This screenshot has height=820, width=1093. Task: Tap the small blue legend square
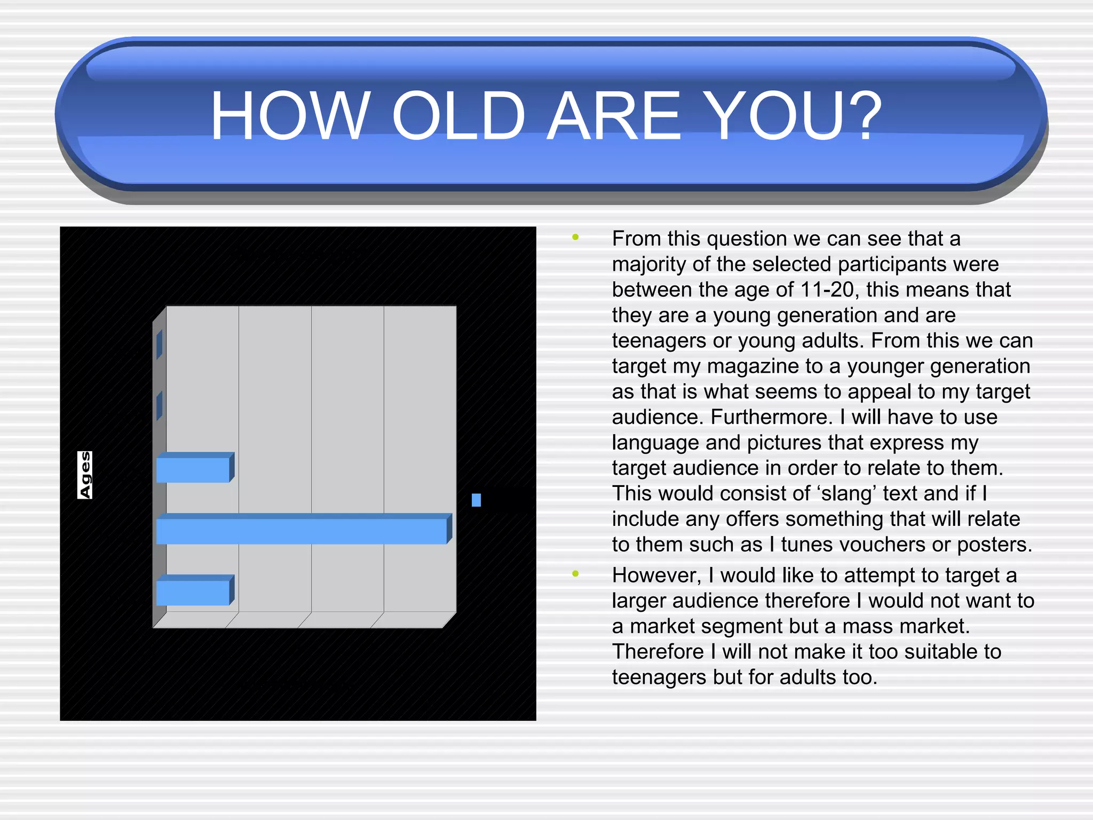pos(476,500)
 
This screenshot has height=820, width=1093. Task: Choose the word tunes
pos(805,545)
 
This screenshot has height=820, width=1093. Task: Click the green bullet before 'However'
pos(575,574)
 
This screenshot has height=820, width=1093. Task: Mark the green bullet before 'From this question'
pos(575,238)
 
